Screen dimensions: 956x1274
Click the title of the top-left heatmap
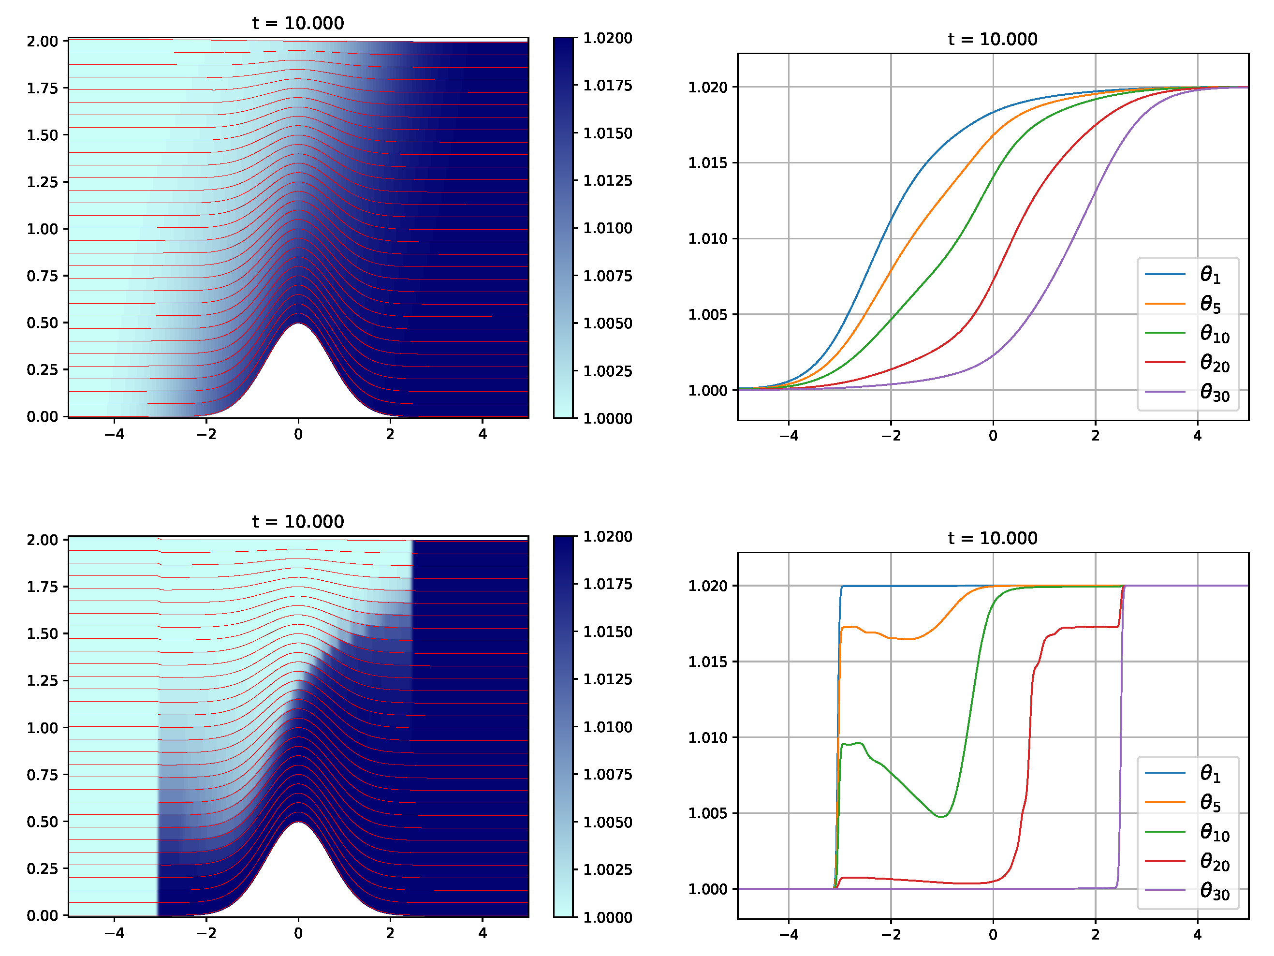tap(298, 23)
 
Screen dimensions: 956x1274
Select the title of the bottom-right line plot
tap(992, 538)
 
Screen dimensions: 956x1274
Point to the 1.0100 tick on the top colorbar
tap(607, 228)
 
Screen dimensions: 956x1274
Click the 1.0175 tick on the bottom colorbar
tap(607, 584)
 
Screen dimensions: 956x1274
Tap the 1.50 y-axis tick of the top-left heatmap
tap(43, 135)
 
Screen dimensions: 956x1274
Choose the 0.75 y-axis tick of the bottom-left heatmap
tap(43, 775)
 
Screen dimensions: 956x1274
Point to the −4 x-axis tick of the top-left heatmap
tap(114, 434)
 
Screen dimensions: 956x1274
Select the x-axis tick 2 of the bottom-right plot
tap(1095, 934)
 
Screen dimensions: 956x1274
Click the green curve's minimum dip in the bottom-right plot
tap(940, 817)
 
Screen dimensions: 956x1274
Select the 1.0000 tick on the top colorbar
tap(607, 419)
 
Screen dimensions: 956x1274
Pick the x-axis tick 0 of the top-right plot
tap(993, 436)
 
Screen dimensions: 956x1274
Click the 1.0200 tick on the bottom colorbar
tap(607, 537)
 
